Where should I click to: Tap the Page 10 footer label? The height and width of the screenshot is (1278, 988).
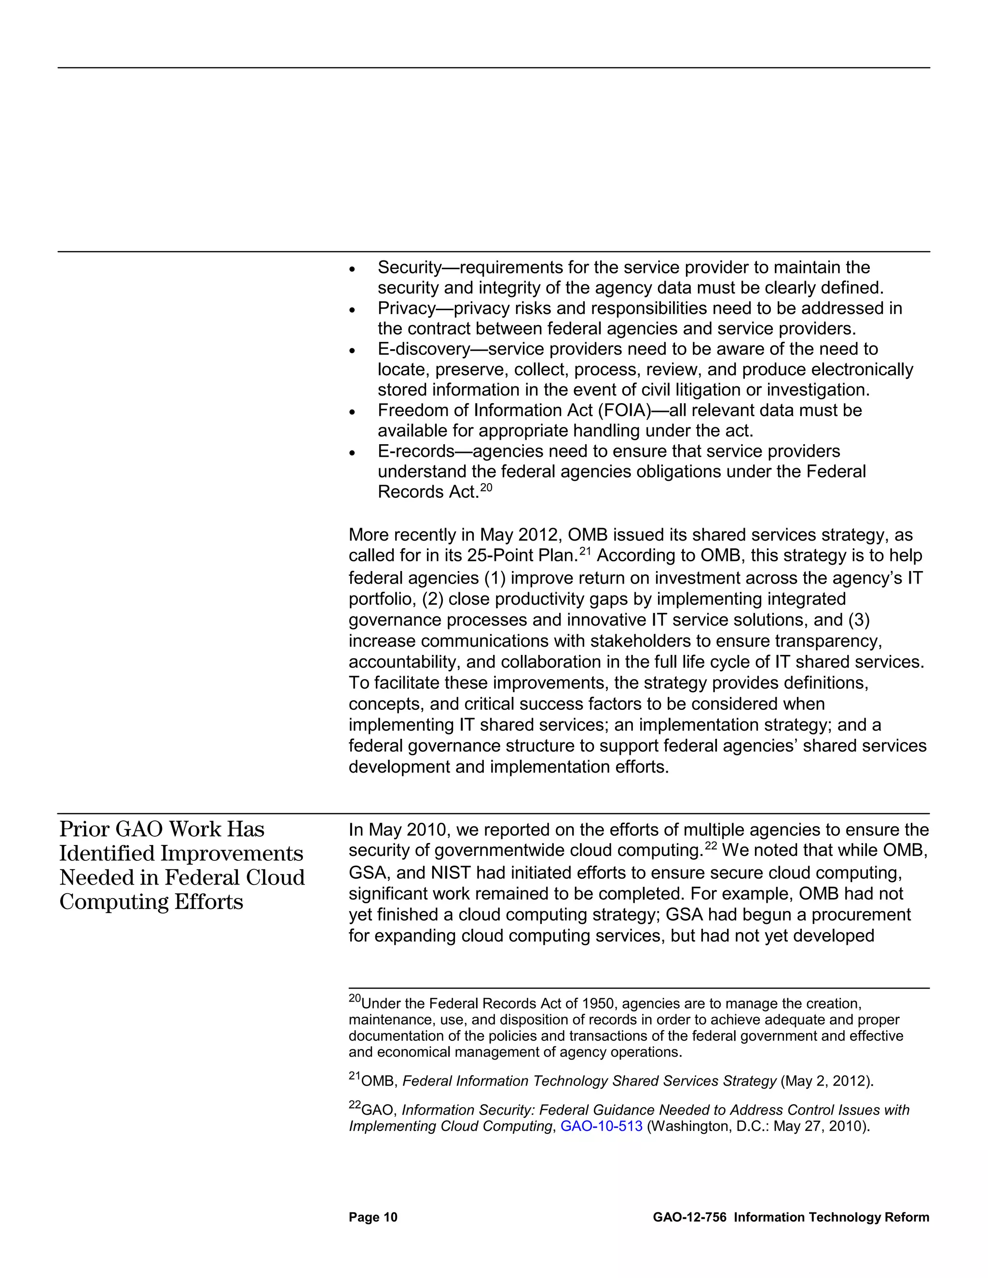coord(373,1218)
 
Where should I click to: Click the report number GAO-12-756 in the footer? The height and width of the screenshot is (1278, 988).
coord(689,1218)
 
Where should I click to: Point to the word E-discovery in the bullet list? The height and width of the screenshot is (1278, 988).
coord(424,349)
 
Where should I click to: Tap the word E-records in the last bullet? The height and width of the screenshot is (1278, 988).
coord(416,451)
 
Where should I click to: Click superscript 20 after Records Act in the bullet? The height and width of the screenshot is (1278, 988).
coord(486,488)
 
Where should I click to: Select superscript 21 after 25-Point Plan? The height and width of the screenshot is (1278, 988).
coord(585,551)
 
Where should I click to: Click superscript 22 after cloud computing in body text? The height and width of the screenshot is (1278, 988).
coord(711,847)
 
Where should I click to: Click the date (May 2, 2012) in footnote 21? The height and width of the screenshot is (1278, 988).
coord(826,1081)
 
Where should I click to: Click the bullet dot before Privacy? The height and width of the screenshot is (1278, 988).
coord(352,310)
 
